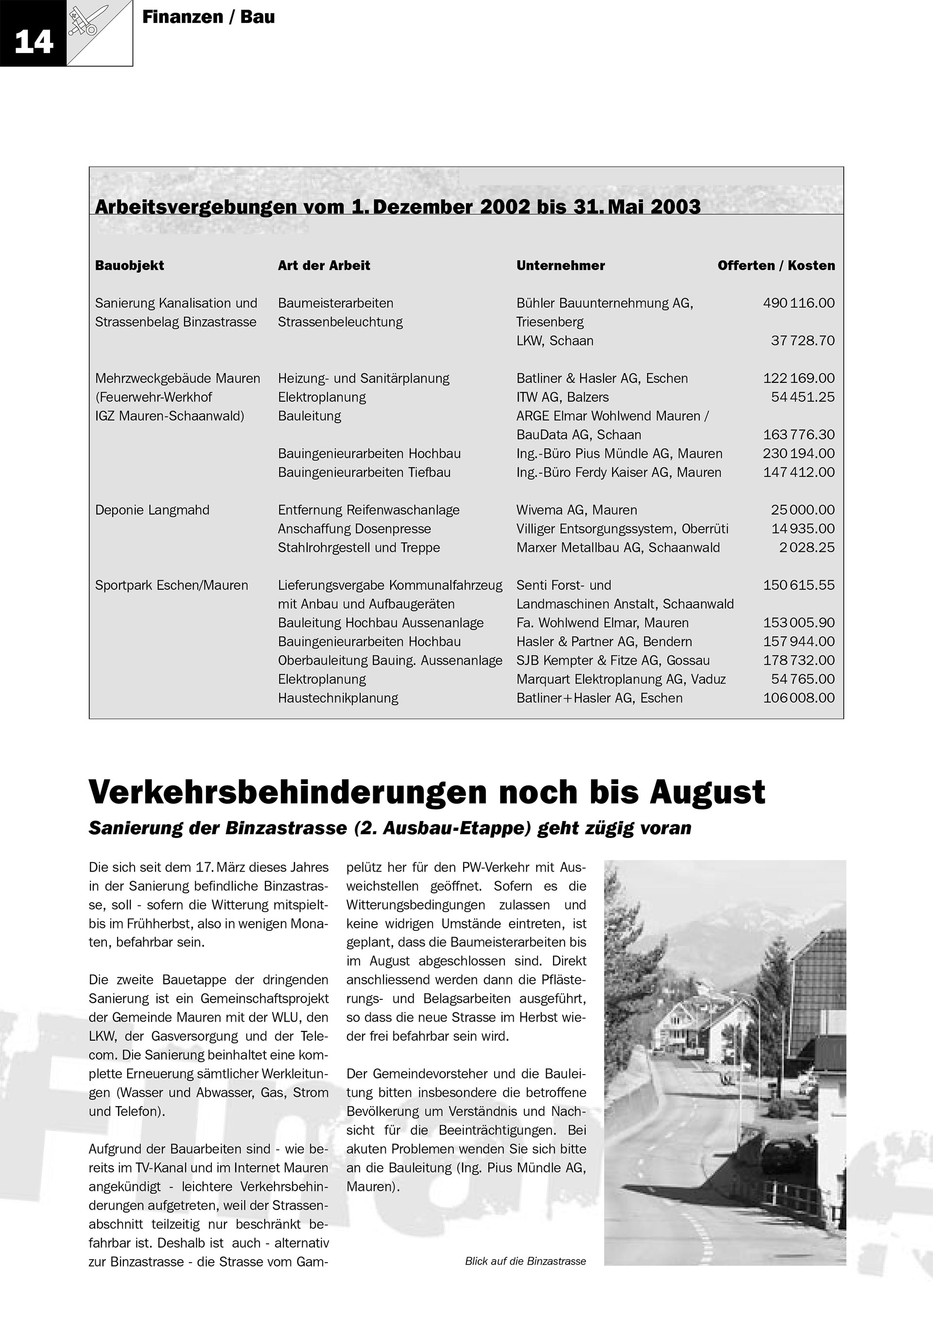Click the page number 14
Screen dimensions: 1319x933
pos(34,41)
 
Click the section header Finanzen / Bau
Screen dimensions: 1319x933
pos(208,17)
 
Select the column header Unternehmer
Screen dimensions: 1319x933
pos(560,265)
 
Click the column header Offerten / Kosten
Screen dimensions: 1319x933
pos(776,265)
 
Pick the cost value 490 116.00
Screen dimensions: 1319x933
pos(798,303)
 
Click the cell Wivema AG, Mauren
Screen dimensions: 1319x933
pos(576,510)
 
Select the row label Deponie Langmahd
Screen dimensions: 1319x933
pos(152,510)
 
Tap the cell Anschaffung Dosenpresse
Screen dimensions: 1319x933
pos(354,529)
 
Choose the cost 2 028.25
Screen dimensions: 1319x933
pos(807,548)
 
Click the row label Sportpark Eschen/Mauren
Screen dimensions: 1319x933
pos(171,585)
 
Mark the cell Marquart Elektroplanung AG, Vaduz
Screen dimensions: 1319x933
pos(621,679)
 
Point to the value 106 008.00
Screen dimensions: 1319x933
pos(798,698)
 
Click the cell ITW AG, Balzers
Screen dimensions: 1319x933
pos(562,397)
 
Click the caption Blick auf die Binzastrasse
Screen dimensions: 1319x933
pos(525,1261)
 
